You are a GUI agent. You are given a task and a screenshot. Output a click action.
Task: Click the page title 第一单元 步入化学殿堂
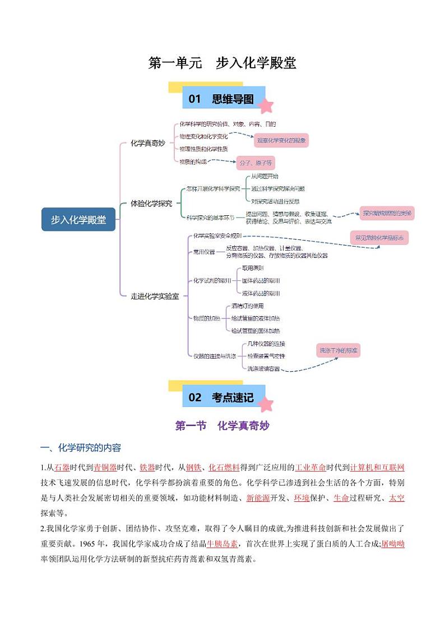(x=222, y=63)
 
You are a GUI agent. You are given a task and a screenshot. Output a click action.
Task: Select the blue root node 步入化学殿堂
(x=78, y=220)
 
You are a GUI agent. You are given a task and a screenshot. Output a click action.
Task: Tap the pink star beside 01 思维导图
(x=266, y=105)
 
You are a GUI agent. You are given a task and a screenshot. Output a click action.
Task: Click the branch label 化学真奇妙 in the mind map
(x=147, y=144)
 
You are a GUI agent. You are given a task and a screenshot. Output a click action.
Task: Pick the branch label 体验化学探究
(x=151, y=203)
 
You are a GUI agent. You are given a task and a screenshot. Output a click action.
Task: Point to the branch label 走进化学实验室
(x=155, y=296)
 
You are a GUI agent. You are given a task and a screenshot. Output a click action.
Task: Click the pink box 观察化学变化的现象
(x=281, y=141)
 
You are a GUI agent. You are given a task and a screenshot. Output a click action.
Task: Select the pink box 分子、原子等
(x=255, y=163)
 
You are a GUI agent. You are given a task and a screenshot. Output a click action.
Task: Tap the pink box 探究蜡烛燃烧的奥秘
(x=387, y=213)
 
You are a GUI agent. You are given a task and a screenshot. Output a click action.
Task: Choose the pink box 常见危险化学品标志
(x=379, y=238)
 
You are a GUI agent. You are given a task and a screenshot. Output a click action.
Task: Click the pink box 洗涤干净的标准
(x=339, y=351)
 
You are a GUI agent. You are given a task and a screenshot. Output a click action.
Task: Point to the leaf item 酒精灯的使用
(x=247, y=306)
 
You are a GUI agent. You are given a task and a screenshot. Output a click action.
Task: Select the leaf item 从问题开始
(x=265, y=176)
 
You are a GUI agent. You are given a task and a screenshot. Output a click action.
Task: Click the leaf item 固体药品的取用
(x=261, y=280)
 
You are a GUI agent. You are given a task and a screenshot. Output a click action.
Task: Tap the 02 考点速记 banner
(x=224, y=397)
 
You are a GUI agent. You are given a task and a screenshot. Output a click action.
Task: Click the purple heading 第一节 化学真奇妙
(x=222, y=426)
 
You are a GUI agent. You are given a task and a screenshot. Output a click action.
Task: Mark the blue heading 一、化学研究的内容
(x=81, y=448)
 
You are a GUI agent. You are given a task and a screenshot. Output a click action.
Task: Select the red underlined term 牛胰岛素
(x=222, y=544)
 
